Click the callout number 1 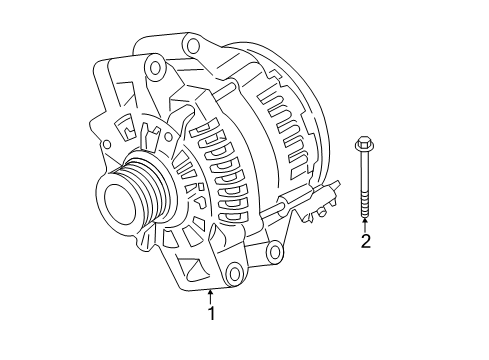tap(211, 313)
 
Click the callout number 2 tap(366, 241)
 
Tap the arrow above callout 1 tap(210, 297)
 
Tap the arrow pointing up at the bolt tap(365, 225)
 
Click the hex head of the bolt tap(364, 143)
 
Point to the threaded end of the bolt tap(365, 206)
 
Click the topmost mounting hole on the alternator tap(193, 45)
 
